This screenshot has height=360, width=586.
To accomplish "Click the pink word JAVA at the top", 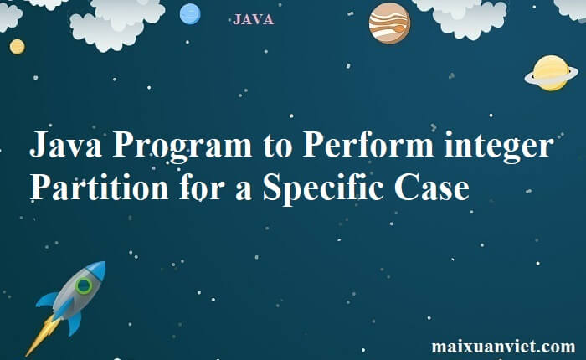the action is click(253, 19).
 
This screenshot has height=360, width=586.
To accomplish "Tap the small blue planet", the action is click(190, 14).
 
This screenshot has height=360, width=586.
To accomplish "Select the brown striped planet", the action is click(389, 23).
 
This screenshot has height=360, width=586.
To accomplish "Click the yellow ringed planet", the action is click(551, 74).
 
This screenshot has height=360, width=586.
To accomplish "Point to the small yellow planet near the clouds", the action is click(18, 47).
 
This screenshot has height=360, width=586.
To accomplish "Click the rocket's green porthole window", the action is click(84, 286).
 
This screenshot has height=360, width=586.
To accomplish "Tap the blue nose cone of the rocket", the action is click(97, 270).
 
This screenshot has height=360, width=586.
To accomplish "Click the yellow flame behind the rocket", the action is click(42, 336).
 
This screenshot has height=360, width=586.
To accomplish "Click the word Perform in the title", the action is click(368, 145).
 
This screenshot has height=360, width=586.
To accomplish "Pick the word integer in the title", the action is click(499, 147).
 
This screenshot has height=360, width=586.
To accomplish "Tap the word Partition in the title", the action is click(99, 188).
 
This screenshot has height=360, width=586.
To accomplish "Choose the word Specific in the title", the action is click(323, 189).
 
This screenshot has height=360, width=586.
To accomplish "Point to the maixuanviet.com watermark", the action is click(503, 347).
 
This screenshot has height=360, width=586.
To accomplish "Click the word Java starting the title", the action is click(66, 145).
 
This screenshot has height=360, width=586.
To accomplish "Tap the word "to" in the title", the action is click(277, 147).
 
